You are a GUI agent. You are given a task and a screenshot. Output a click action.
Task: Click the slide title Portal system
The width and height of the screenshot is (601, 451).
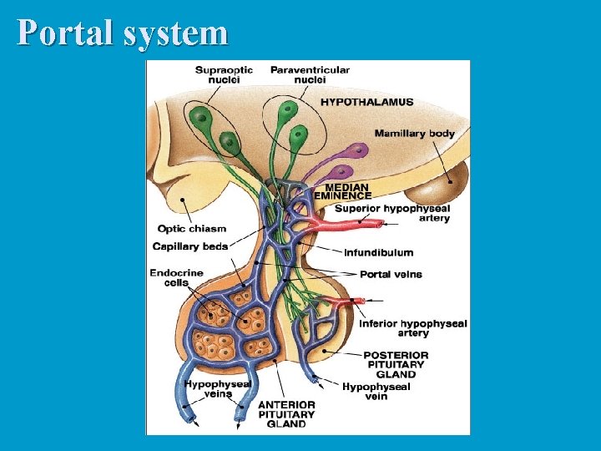tap(123, 33)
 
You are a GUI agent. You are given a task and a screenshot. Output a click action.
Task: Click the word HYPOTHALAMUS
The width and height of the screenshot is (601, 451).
tap(367, 103)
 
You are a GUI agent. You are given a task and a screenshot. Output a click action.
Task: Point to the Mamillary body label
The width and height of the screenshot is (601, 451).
tap(414, 134)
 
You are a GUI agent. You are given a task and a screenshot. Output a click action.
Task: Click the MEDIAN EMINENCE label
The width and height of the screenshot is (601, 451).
tap(343, 191)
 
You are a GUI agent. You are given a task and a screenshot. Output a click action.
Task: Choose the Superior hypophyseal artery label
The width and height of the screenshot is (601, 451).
tap(392, 213)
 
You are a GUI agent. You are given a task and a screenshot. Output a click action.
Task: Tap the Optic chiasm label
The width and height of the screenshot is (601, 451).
tap(192, 229)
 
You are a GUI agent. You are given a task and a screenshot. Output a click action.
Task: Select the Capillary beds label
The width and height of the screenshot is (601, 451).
tap(190, 246)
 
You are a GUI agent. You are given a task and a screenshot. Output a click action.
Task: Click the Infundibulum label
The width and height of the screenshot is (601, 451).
tap(378, 252)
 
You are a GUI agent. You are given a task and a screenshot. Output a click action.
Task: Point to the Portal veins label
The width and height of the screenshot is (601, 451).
tap(391, 274)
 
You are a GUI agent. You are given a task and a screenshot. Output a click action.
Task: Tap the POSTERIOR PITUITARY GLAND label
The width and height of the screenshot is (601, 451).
tap(396, 365)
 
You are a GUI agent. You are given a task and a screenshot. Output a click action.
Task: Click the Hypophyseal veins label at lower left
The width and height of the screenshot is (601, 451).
tap(218, 389)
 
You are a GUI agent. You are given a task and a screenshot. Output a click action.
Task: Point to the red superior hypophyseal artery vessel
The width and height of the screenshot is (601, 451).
tap(351, 224)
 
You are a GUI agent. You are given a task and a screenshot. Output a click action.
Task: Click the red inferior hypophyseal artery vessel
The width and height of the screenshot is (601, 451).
tap(344, 301)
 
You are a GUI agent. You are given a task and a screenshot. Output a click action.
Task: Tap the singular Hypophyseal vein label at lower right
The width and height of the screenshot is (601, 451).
tap(376, 392)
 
